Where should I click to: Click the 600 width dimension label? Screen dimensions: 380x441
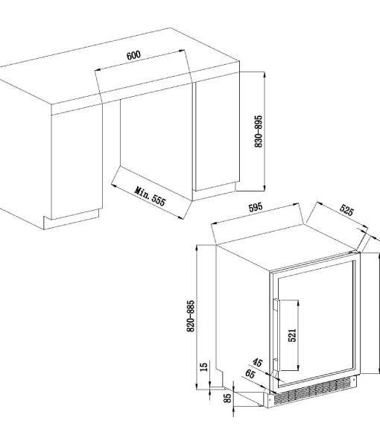click(133, 55)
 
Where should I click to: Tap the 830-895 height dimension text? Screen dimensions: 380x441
click(259, 131)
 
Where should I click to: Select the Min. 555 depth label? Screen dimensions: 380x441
click(151, 196)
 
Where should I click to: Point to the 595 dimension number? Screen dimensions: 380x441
click(256, 207)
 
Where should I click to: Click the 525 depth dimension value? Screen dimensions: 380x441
click(346, 210)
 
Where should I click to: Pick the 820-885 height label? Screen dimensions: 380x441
click(191, 316)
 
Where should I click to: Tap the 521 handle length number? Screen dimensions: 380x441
click(292, 335)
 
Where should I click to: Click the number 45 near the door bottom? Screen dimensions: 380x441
click(257, 362)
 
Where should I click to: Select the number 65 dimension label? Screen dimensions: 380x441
click(250, 374)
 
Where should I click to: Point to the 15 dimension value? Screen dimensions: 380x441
click(203, 367)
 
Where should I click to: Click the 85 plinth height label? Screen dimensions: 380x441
click(227, 398)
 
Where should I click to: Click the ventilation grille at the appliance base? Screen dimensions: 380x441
click(312, 392)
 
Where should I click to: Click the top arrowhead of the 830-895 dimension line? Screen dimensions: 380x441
click(265, 74)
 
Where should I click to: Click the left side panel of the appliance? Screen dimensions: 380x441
click(243, 315)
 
